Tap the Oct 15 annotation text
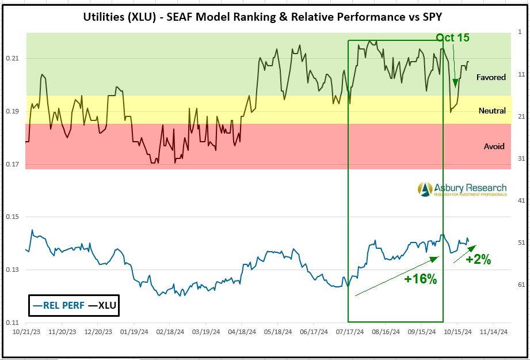click(x=452, y=38)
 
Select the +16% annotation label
click(x=421, y=279)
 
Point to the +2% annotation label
click(x=478, y=260)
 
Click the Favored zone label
click(x=491, y=77)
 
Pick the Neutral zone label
click(x=492, y=111)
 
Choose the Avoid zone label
click(x=494, y=146)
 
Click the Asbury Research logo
click(x=462, y=190)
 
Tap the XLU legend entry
click(x=102, y=305)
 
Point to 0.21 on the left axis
click(x=13, y=59)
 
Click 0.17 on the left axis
click(x=13, y=165)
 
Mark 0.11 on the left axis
click(x=13, y=323)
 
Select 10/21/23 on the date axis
click(x=26, y=332)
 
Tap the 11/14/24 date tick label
click(x=494, y=332)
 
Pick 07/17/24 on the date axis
click(x=350, y=332)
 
